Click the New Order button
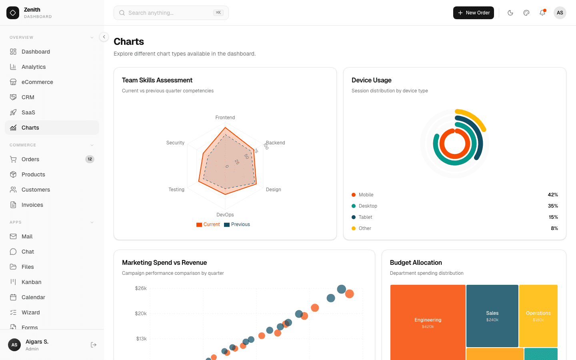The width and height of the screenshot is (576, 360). coord(473,13)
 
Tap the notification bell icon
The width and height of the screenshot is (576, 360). coord(542,13)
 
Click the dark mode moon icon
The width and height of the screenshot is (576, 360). coord(510,13)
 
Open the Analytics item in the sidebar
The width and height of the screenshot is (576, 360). coord(34,67)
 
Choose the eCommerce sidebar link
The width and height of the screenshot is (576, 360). coord(37,82)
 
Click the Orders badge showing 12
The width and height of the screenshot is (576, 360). coord(90,159)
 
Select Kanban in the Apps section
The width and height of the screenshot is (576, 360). coord(31,282)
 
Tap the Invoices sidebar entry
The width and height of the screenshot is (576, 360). coord(32,205)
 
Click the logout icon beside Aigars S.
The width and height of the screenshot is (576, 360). coord(94,345)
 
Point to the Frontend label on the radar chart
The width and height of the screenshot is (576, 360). coord(225,118)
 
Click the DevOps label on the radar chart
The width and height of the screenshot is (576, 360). coord(225,215)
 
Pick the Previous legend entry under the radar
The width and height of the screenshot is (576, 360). coord(237,224)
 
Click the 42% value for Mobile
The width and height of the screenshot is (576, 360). coord(553,195)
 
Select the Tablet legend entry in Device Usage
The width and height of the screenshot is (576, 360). coord(365,217)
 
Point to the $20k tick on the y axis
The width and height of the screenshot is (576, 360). coord(141,314)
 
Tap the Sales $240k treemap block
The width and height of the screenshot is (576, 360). coord(492,316)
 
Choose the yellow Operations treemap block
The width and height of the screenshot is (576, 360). coord(538,316)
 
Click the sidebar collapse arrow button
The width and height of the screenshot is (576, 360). coord(104,37)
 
